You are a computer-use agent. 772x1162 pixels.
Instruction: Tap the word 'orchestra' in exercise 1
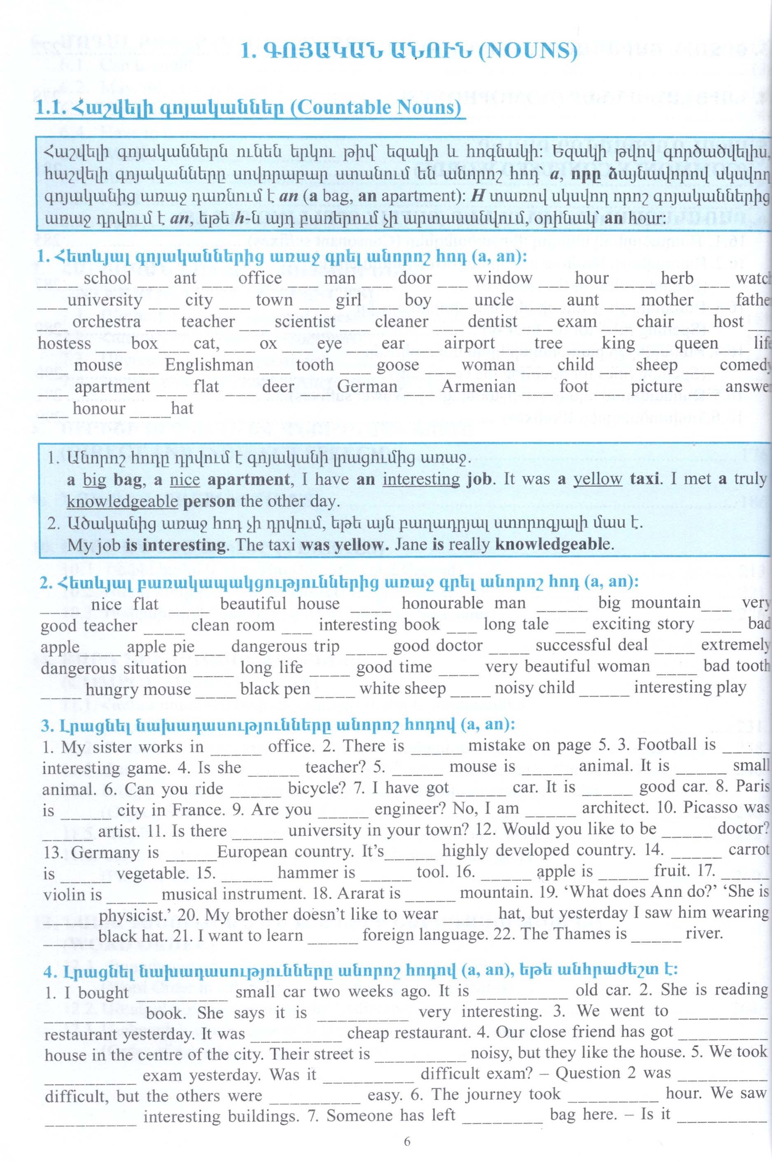[106, 321]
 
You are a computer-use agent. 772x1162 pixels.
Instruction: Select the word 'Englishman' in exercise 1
[209, 365]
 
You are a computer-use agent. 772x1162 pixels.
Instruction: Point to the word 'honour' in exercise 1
[98, 408]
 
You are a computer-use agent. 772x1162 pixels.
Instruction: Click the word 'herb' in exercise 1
[677, 278]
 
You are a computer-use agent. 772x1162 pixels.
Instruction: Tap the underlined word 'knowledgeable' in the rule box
[122, 501]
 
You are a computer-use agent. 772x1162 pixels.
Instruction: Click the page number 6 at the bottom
[407, 1141]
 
